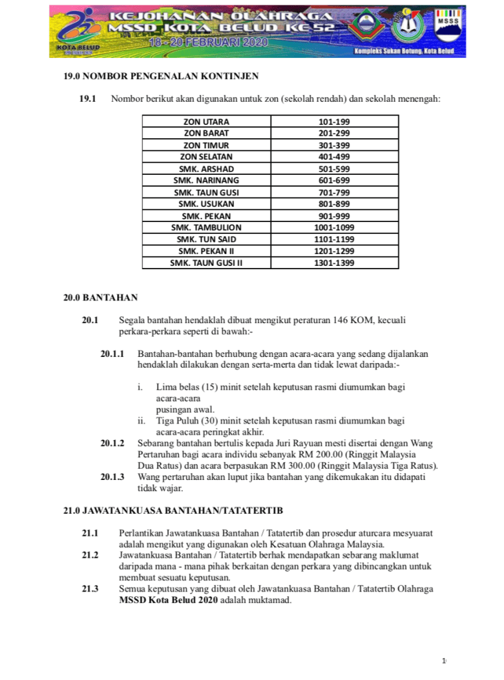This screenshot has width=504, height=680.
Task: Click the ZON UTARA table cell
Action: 206,122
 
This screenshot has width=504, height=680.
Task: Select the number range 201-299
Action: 334,133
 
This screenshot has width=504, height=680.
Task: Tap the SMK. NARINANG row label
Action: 206,180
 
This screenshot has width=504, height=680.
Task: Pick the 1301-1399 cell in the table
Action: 334,263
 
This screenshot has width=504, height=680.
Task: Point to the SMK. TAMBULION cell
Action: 206,227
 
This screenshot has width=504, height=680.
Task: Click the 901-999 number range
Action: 334,216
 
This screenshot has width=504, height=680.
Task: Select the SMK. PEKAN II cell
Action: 206,251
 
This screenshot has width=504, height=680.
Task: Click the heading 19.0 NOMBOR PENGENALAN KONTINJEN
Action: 160,76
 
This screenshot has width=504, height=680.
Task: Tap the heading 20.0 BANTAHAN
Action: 100,297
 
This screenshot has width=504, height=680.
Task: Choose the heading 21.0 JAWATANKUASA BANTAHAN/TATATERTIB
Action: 173,510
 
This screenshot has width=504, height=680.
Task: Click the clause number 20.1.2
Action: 112,442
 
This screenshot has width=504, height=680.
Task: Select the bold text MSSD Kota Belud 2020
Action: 168,600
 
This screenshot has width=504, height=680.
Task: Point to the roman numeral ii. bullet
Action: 141,421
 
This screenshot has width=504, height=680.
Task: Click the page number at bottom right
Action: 444,660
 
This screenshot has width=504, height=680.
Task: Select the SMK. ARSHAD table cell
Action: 206,169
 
